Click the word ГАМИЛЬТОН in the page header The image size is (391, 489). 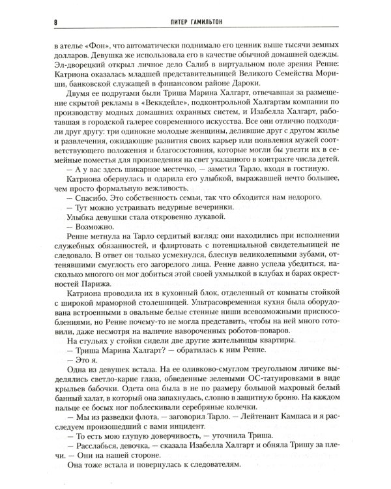208,22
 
